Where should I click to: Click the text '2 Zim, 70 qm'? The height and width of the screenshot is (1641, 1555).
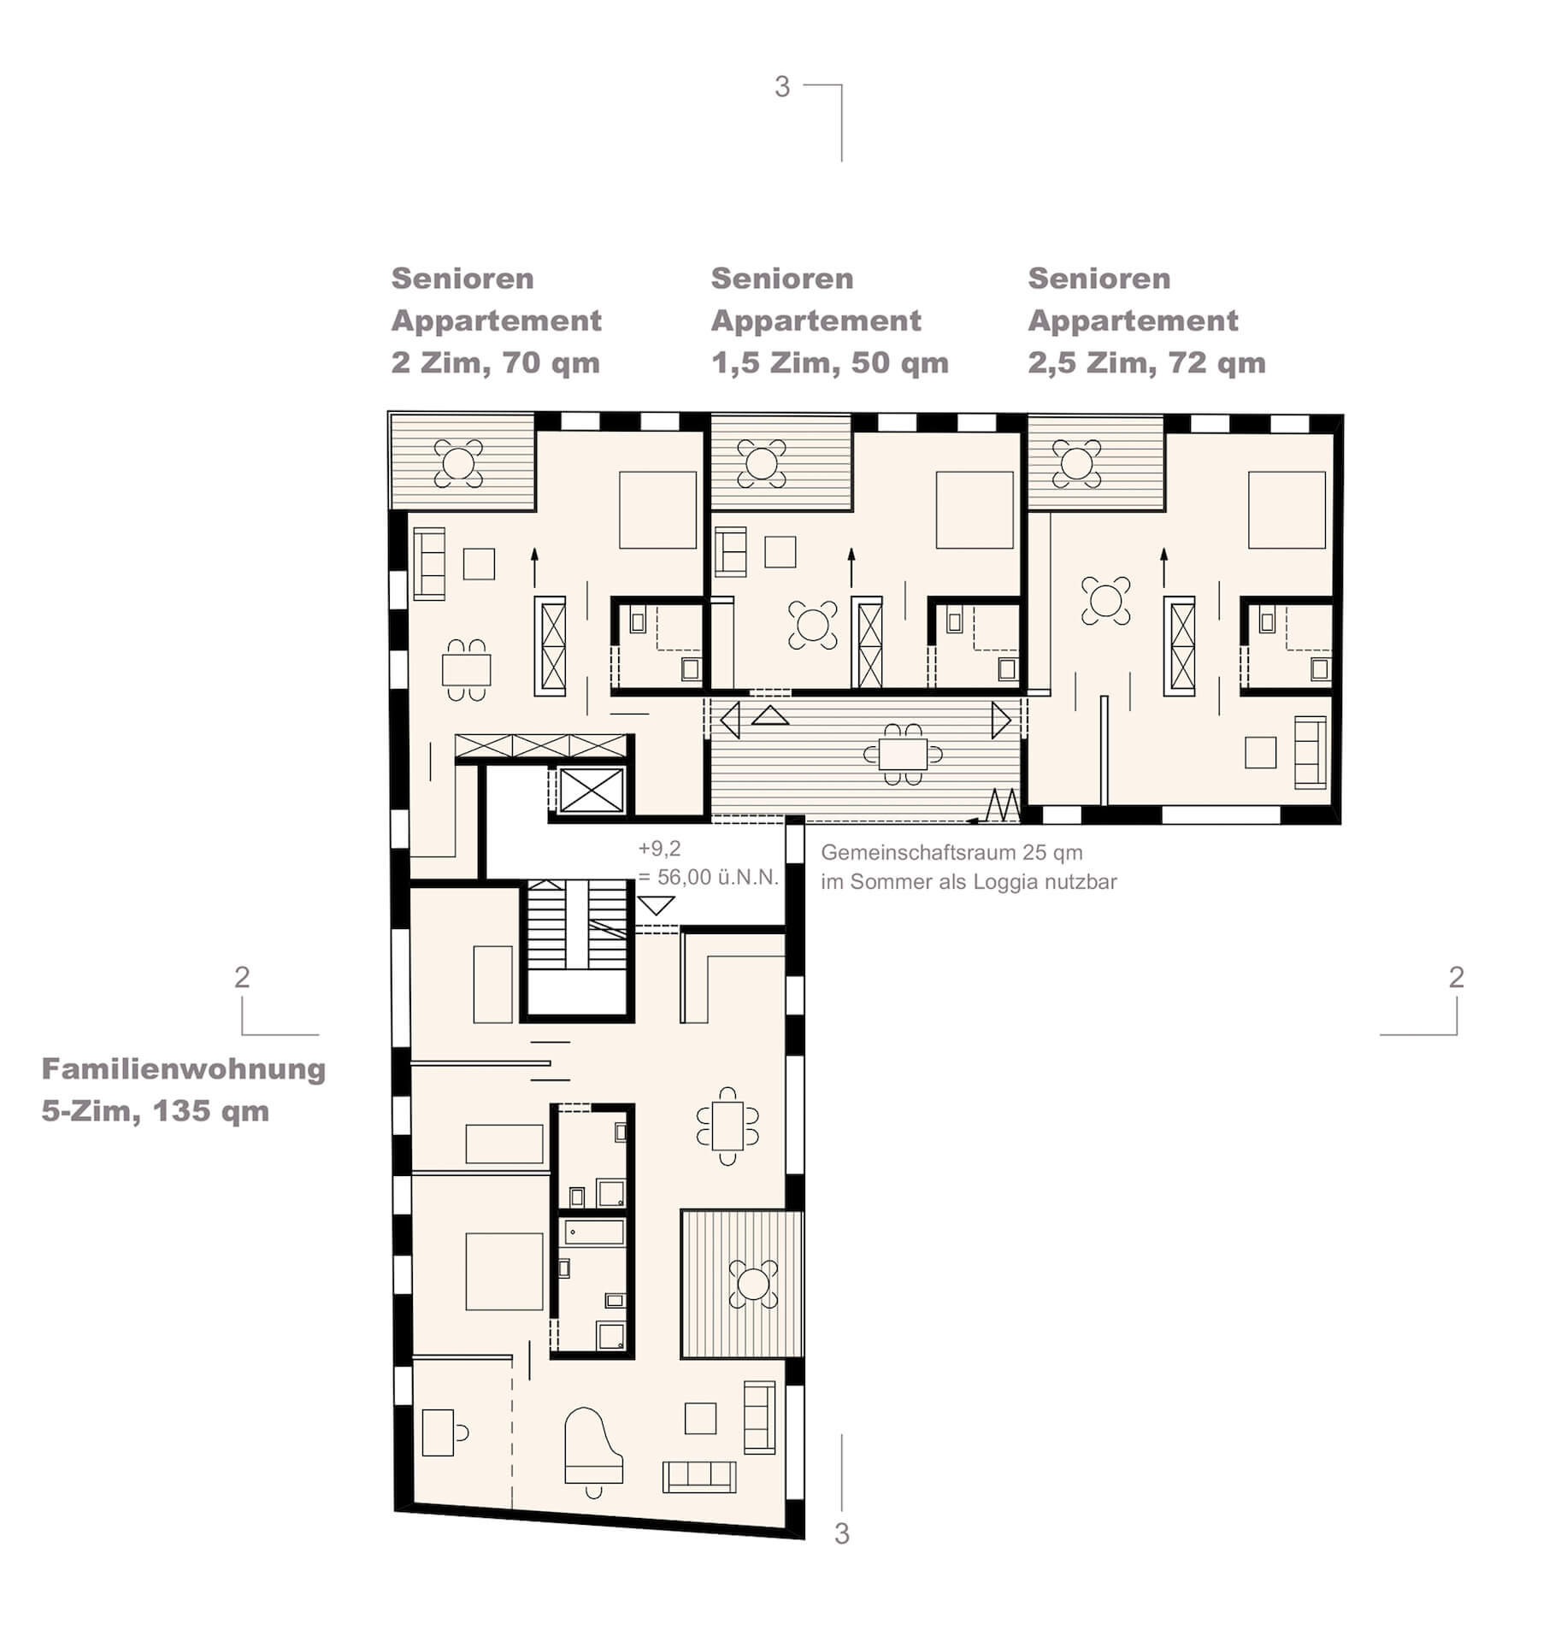click(x=496, y=363)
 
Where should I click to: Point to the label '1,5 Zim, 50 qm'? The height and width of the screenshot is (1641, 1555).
click(x=830, y=363)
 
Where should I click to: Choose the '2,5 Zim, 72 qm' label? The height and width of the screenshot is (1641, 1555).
click(x=1146, y=363)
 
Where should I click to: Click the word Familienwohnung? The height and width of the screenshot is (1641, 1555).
click(x=184, y=1069)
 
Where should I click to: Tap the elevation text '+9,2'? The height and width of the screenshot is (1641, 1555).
click(x=660, y=849)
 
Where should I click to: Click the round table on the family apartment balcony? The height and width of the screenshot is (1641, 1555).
click(x=754, y=1283)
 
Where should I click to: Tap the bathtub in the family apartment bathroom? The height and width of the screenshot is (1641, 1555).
click(x=592, y=1232)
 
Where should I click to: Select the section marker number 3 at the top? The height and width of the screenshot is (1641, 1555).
click(x=782, y=87)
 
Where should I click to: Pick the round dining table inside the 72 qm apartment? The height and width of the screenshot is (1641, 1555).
click(x=1105, y=600)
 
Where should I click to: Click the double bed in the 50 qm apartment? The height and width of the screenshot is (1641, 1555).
click(x=975, y=509)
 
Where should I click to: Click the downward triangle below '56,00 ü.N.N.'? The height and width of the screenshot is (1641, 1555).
click(x=657, y=905)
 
